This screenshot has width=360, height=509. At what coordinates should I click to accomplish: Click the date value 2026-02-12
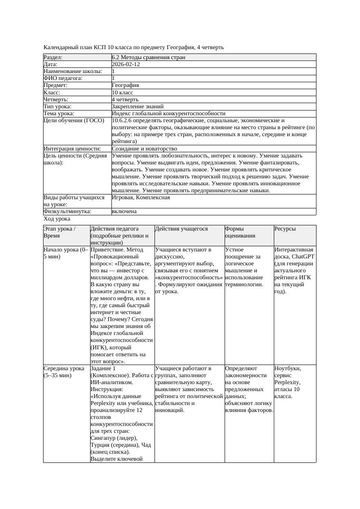click(x=126, y=64)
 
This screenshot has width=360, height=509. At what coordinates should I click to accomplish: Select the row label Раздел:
click(x=53, y=57)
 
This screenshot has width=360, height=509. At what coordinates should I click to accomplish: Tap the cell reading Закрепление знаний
click(x=138, y=107)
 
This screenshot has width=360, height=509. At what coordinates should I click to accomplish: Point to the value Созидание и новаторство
click(x=144, y=149)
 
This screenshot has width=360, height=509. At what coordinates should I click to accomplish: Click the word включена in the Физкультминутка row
click(x=124, y=211)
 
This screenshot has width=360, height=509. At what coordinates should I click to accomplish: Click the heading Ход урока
click(x=57, y=219)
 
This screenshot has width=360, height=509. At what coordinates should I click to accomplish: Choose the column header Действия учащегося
click(x=181, y=229)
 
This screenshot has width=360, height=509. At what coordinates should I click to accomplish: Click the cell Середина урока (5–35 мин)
click(x=64, y=372)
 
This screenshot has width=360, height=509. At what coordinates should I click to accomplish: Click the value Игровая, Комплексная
click(x=141, y=198)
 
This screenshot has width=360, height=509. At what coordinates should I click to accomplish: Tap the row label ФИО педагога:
click(x=63, y=78)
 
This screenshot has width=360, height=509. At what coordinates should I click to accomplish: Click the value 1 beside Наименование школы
click(x=114, y=71)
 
